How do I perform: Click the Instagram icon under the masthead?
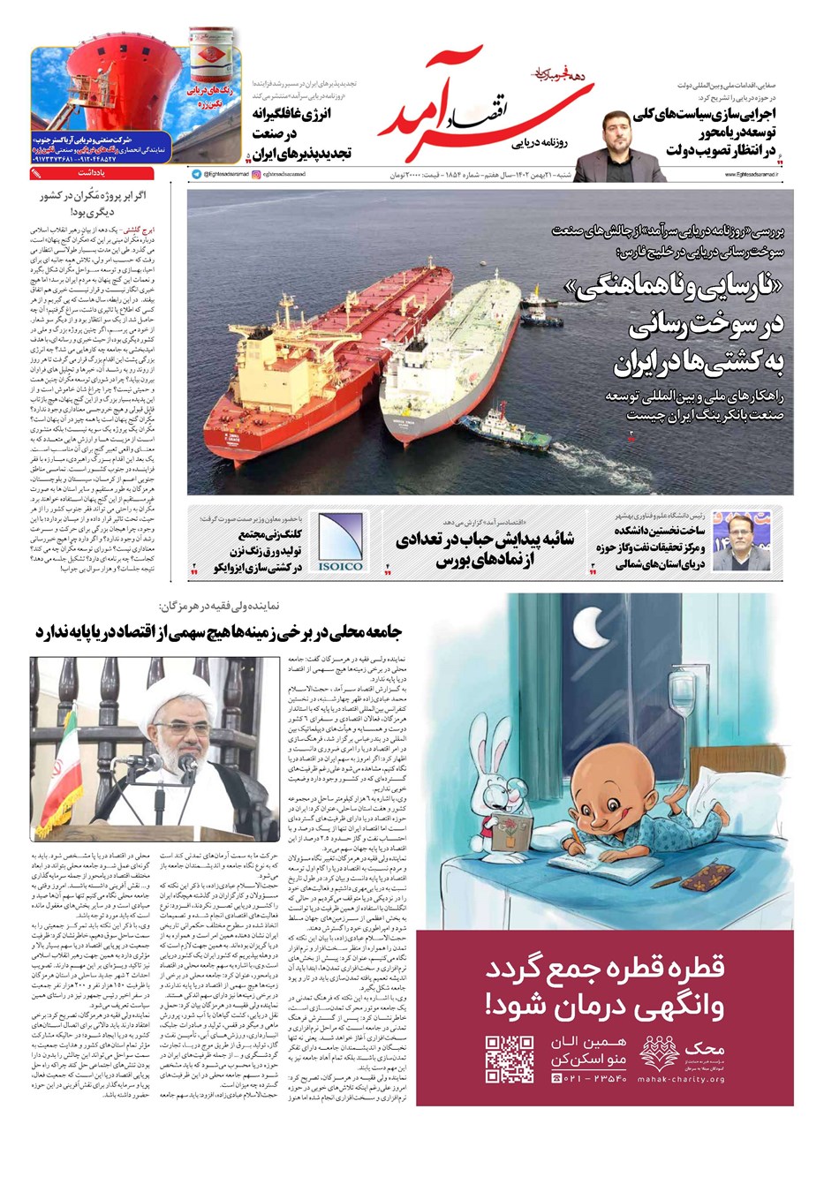pos(257,176)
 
